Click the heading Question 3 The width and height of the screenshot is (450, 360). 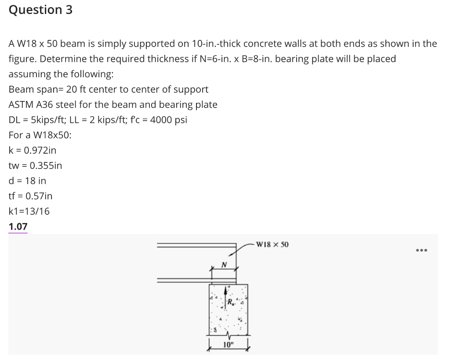tap(40, 10)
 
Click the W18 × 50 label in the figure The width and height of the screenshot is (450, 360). tap(272, 244)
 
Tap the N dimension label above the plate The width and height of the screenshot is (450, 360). tap(224, 265)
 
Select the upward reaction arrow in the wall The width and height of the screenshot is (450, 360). tap(226, 294)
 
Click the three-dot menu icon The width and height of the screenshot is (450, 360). tap(421, 251)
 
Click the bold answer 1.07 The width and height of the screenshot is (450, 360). tap(18, 227)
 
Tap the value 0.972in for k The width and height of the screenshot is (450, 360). tap(40, 150)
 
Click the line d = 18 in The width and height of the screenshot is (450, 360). tap(27, 180)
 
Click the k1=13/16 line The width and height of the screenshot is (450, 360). tap(29, 211)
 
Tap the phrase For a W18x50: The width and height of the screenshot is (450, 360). tap(40, 135)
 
